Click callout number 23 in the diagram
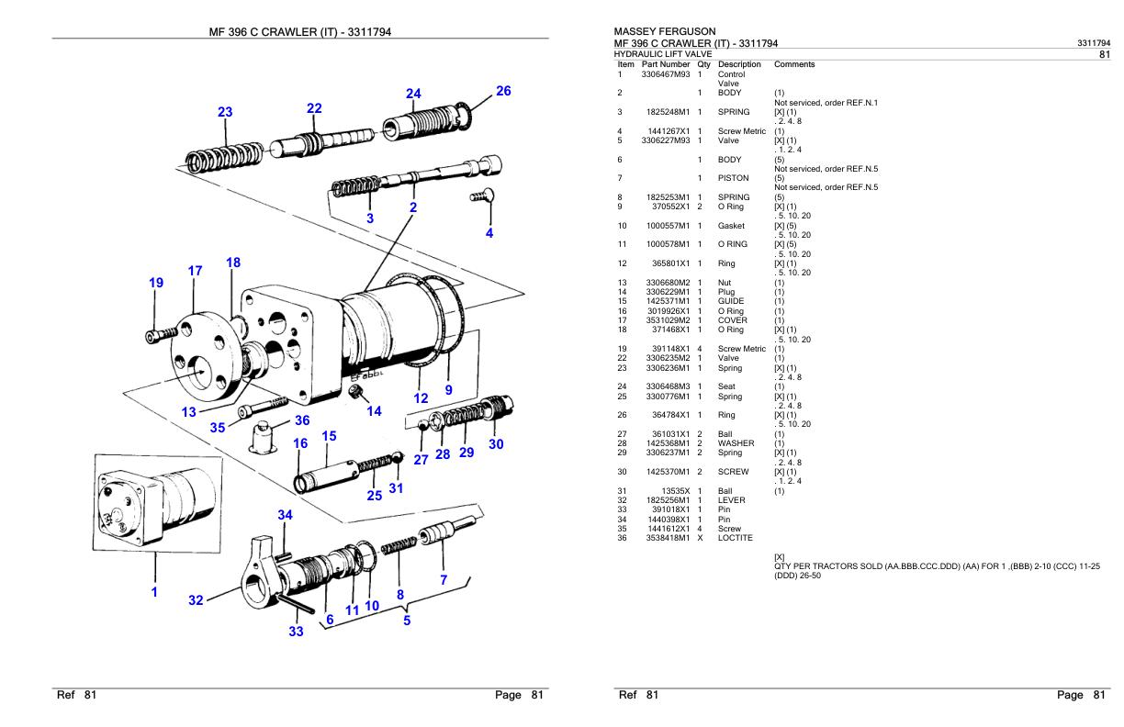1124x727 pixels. pos(225,112)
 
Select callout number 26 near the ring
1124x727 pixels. pos(502,91)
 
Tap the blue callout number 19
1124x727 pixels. pos(156,283)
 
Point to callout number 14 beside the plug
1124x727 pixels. pos(374,411)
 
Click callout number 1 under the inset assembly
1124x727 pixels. pos(154,592)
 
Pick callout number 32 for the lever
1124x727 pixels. pos(196,600)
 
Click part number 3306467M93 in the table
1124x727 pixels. pos(665,73)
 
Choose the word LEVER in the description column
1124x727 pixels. pos(732,501)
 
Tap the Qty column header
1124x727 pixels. pos(703,64)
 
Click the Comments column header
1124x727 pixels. pos(794,64)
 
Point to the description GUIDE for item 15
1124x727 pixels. pos(731,301)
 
